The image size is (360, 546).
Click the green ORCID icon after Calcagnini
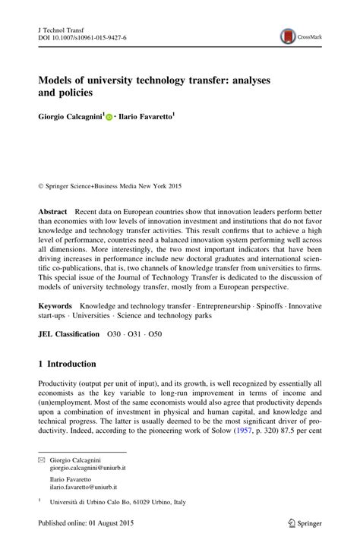pos(110,118)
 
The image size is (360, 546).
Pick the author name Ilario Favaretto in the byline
pos(147,118)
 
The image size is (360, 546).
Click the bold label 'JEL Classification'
pos(68,334)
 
